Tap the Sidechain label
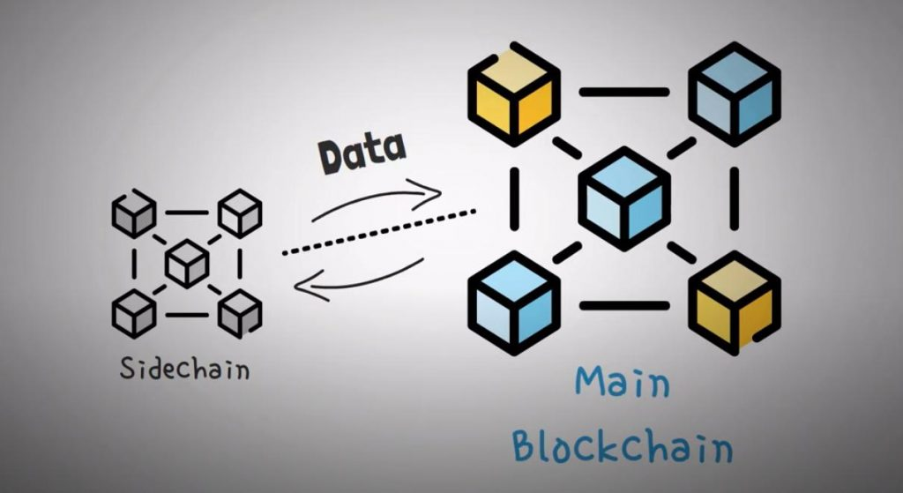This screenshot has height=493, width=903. [x=185, y=369]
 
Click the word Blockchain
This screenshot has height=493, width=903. [x=623, y=445]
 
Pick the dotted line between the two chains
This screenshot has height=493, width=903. [x=379, y=232]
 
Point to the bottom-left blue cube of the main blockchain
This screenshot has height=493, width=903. [x=514, y=303]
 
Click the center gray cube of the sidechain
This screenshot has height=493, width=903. [x=187, y=262]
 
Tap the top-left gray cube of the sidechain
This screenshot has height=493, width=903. [x=134, y=213]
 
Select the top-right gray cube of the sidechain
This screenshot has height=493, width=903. [x=240, y=213]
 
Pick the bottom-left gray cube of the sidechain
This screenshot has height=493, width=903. [x=134, y=310]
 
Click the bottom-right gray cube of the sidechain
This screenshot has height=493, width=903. [x=240, y=311]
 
